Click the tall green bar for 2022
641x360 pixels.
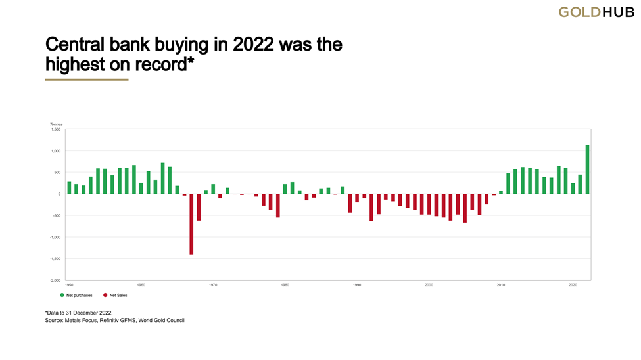coord(587,169)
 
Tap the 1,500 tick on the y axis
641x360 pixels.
coord(55,129)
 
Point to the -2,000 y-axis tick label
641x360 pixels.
coord(55,281)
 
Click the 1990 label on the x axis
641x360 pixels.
coord(357,285)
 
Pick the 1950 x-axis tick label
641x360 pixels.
coord(69,285)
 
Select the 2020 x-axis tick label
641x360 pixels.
coord(573,285)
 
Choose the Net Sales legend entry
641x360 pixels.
coord(115,296)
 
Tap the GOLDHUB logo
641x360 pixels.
coord(596,12)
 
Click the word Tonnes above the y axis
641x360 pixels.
coord(56,124)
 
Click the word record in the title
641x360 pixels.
coord(167,64)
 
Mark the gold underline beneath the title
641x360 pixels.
coord(86,79)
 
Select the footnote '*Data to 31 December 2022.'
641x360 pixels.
coord(79,313)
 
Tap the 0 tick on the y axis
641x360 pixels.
coord(59,194)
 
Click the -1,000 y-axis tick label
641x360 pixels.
coord(55,237)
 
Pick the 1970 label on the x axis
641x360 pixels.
coord(213,285)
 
